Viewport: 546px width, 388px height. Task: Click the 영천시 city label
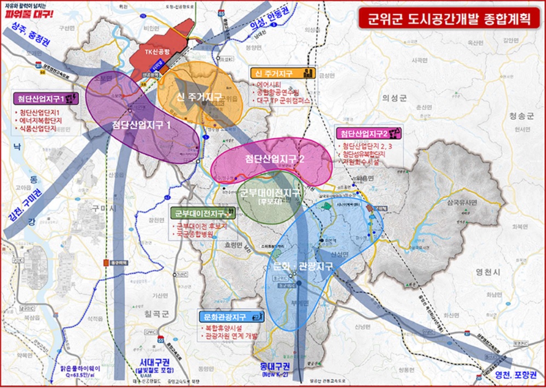(485, 271)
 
